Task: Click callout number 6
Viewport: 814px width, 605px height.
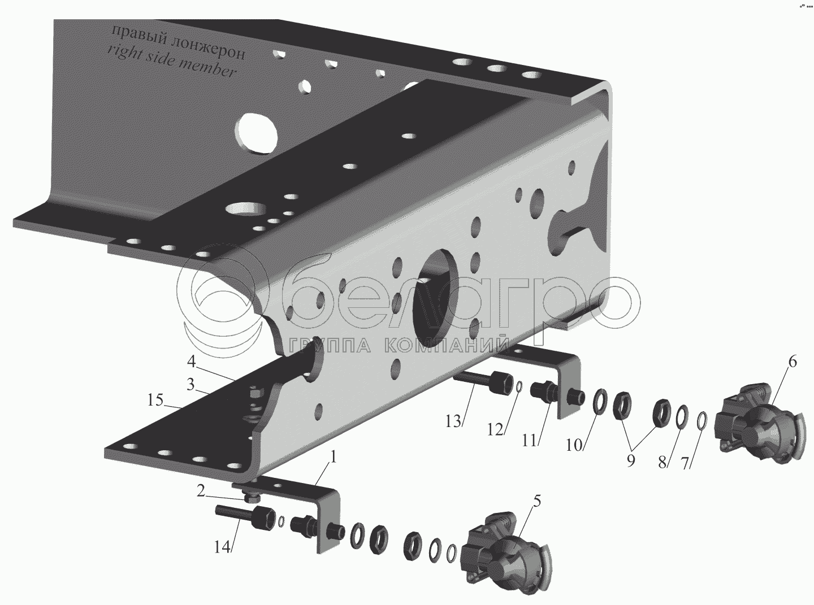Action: click(793, 362)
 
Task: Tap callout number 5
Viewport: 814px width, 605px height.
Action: click(536, 500)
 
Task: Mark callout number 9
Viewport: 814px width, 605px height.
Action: click(630, 460)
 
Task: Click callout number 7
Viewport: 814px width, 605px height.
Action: click(685, 463)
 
